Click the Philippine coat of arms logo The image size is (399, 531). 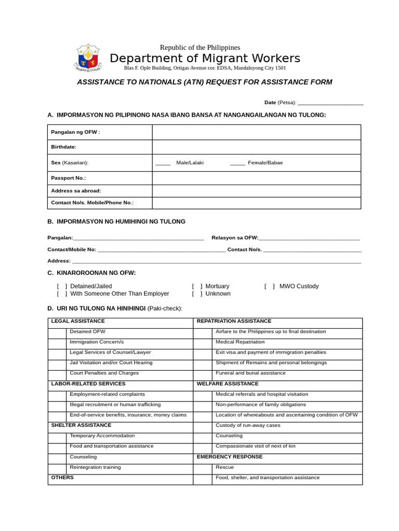(88, 58)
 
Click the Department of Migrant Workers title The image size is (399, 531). (205, 58)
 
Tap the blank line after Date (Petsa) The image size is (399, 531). (330, 103)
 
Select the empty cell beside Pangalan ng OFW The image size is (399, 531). (256, 132)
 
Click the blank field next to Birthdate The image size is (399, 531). (256, 147)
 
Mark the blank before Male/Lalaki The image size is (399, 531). (163, 163)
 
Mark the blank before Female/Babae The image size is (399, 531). (237, 163)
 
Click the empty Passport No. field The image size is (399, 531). (256, 178)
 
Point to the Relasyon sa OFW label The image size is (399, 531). (234, 238)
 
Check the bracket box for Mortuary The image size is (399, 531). (197, 286)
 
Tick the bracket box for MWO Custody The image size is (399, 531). (270, 286)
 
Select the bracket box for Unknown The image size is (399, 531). (197, 294)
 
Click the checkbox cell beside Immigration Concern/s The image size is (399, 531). (57, 342)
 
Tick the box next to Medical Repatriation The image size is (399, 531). (203, 342)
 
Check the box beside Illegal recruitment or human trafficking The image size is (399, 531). (57, 404)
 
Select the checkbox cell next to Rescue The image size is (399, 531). (203, 467)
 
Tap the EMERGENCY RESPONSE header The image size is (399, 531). (229, 457)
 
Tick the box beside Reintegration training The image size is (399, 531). (57, 467)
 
